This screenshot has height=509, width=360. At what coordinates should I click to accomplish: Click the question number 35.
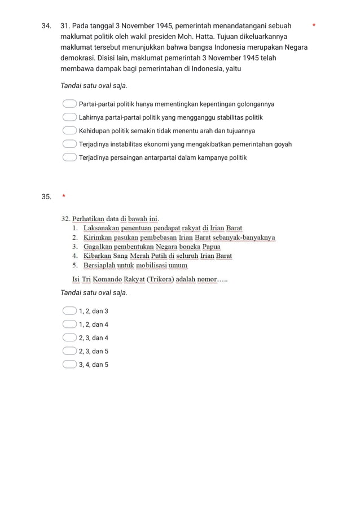point(46,197)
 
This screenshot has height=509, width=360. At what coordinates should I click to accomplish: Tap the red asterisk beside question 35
point(64,197)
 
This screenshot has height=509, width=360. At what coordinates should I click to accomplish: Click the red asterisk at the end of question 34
point(314,26)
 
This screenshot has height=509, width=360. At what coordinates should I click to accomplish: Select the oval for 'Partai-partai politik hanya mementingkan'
point(69,104)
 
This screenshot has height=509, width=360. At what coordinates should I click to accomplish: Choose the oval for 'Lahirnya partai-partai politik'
point(69,117)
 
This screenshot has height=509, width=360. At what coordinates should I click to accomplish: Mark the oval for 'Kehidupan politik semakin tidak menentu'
point(69,131)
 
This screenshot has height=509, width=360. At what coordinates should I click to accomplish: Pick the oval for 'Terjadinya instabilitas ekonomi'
point(69,144)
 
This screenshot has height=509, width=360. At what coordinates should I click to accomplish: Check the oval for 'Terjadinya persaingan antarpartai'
point(69,157)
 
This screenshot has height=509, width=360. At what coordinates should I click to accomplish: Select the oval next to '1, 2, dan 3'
point(69,311)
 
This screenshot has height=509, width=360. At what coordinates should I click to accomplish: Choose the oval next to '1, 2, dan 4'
point(69,324)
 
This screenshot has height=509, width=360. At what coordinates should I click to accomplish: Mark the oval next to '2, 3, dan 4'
point(69,338)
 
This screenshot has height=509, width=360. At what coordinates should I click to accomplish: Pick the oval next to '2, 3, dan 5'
point(69,351)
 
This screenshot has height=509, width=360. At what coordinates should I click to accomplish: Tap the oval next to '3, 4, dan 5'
point(69,365)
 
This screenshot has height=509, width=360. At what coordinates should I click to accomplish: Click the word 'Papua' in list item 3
point(210,247)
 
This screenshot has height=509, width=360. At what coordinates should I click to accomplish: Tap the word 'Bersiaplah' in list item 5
point(101,265)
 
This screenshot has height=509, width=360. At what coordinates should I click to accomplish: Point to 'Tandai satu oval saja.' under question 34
point(94,86)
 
